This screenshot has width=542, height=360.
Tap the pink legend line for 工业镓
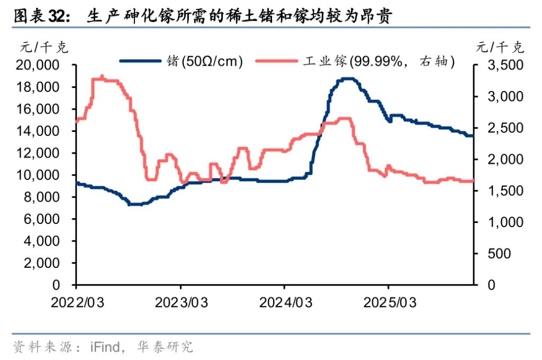coord(277,61)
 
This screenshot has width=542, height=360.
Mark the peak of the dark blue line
coord(347,79)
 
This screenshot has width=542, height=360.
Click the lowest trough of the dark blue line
coord(135,204)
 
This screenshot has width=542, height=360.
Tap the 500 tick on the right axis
coord(500,254)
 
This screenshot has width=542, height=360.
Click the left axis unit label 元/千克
coord(44,48)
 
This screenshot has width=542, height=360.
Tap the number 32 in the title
coord(58,17)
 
